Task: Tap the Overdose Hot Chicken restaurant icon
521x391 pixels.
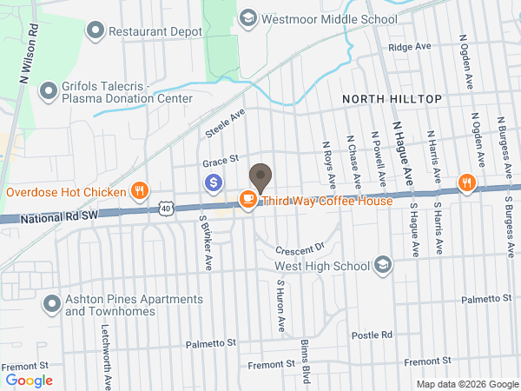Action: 139,191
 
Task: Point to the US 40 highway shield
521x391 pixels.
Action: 167,209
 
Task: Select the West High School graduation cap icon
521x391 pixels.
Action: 382,265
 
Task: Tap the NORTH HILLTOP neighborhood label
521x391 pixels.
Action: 392,100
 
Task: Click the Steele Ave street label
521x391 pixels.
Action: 226,123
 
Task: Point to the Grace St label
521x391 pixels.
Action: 221,161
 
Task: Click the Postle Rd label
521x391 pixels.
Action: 373,335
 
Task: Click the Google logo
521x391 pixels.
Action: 29,380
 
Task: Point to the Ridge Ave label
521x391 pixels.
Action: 410,47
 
